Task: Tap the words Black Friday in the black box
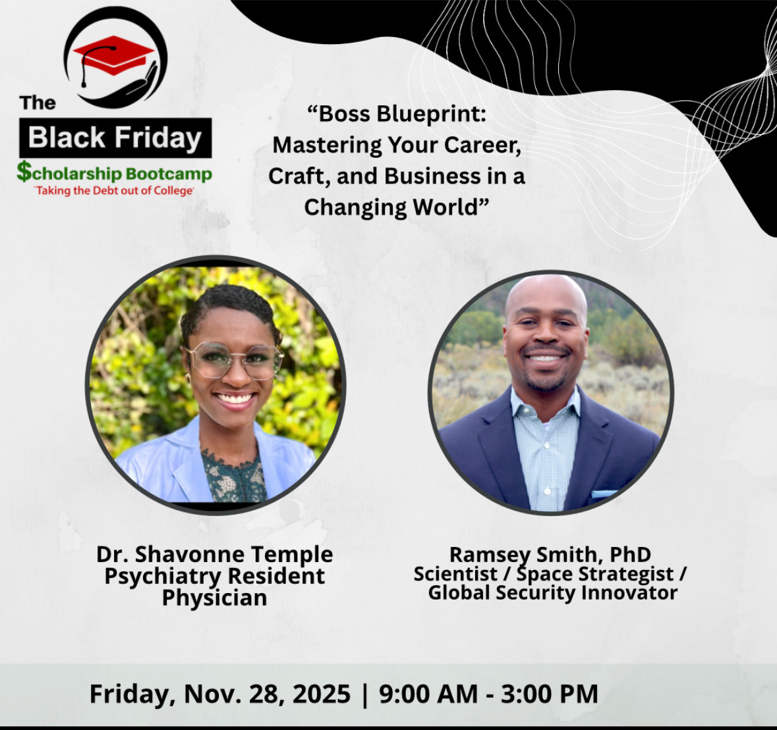tap(115, 138)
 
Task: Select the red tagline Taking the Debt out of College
tap(115, 191)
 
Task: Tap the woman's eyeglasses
tap(235, 360)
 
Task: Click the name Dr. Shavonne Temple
tap(215, 554)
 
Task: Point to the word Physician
tap(215, 598)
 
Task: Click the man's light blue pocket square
tap(604, 494)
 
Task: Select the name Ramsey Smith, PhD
tap(550, 554)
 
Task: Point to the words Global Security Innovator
tap(552, 592)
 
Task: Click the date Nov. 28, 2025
tap(267, 694)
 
